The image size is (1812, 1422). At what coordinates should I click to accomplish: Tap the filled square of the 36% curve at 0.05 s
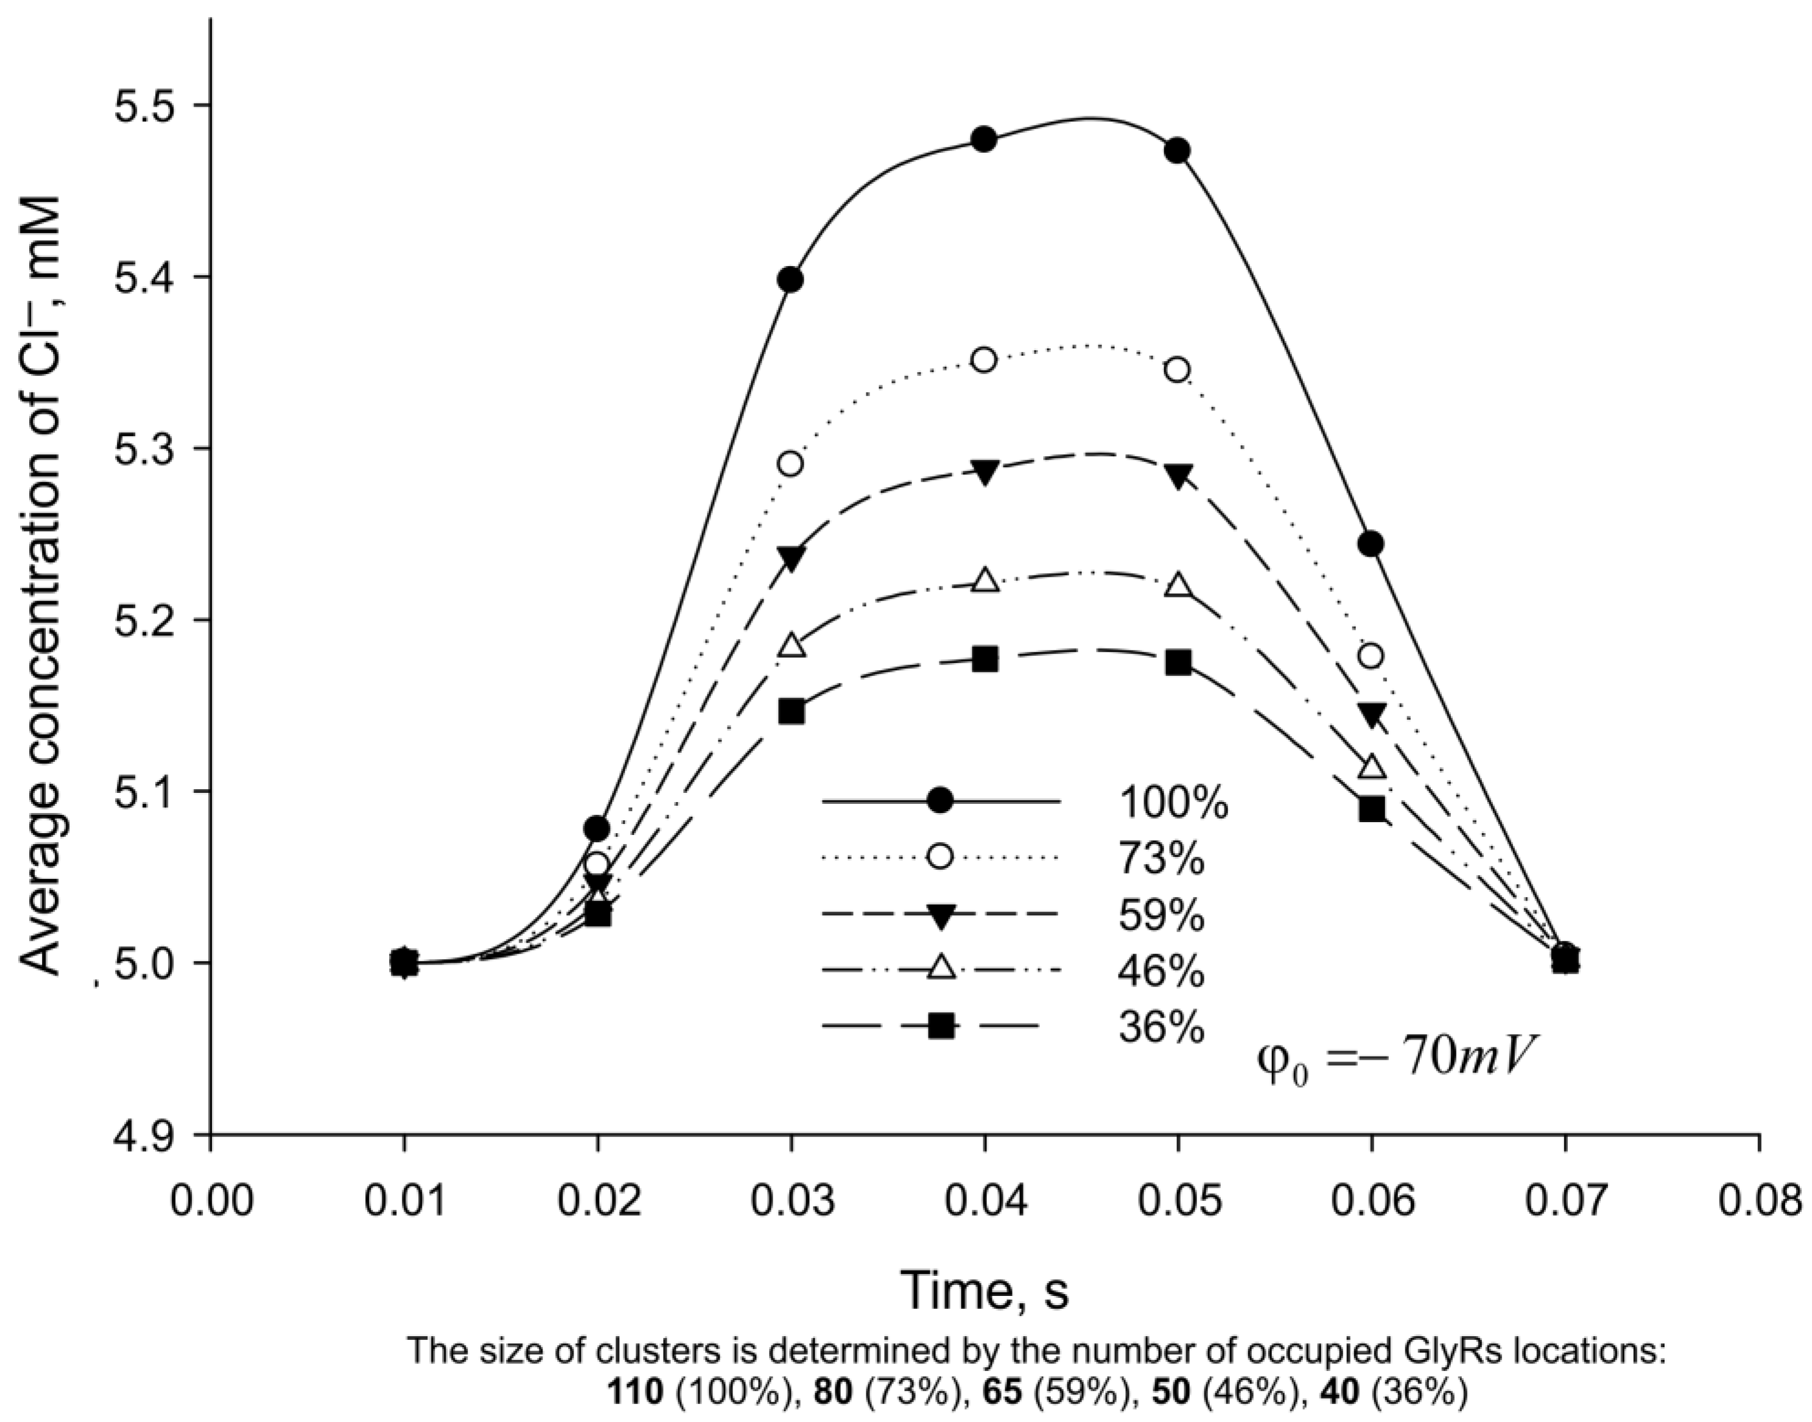[1178, 663]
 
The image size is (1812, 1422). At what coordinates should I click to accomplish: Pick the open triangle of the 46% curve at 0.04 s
[985, 580]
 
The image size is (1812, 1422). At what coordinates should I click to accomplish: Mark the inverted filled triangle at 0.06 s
[1372, 714]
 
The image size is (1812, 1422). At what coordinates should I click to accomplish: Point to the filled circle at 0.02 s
[597, 828]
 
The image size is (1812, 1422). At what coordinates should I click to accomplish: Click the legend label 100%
[1173, 803]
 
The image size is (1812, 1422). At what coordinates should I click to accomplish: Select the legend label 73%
[1161, 859]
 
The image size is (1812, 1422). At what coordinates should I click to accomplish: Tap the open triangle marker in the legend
[941, 968]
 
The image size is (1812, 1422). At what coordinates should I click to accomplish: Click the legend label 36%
[1161, 1028]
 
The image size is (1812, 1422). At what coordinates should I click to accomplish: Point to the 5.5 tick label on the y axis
[145, 106]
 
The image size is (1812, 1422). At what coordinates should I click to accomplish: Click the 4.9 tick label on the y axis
[145, 1135]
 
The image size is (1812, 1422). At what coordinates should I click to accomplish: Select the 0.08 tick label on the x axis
[1758, 1202]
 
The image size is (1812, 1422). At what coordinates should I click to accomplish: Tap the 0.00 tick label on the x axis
[211, 1202]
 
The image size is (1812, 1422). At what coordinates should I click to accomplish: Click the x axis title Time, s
[985, 1290]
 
